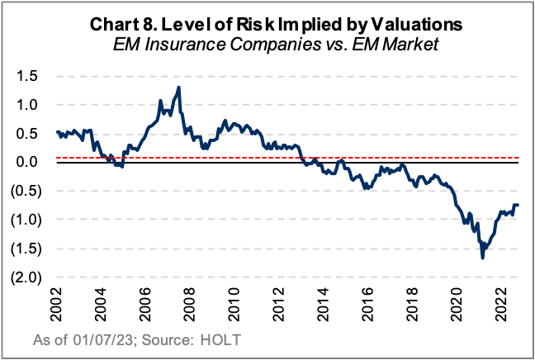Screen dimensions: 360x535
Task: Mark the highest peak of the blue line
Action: click(179, 88)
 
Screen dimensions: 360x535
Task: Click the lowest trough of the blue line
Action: click(482, 258)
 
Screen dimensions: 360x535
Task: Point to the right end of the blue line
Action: click(518, 205)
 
